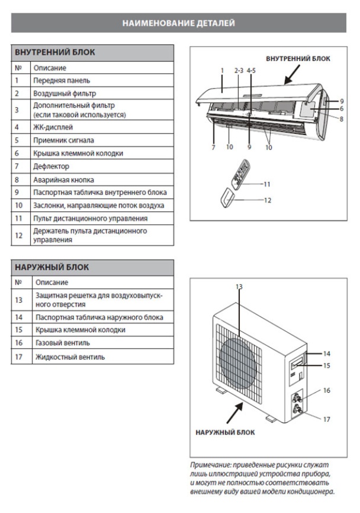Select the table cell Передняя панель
[62, 80]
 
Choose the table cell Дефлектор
[52, 166]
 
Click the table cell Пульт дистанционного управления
[91, 219]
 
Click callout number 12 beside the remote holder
[267, 200]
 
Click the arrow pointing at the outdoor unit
[236, 412]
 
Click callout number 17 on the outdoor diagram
[326, 418]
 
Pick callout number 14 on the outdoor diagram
[326, 354]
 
